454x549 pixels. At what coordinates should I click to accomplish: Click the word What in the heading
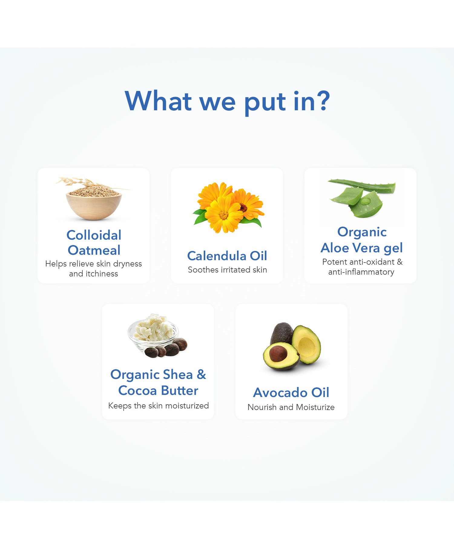coord(158,101)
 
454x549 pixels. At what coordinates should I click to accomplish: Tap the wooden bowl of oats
coord(94,206)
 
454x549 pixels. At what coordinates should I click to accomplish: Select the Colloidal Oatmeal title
coord(94,243)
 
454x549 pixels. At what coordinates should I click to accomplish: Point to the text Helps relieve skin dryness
coord(94,264)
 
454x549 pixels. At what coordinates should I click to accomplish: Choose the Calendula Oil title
coord(227,256)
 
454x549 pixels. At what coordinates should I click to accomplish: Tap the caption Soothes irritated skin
coord(227,270)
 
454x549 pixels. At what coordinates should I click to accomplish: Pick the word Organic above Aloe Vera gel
coord(362,232)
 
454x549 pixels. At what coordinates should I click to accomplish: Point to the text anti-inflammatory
coord(361,272)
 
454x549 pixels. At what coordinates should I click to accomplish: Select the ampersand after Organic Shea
coord(201,375)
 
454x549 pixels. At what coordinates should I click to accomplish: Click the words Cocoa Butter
coord(158,391)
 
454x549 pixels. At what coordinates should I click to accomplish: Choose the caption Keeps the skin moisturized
coord(159,405)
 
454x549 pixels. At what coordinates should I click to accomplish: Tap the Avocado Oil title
coord(291,392)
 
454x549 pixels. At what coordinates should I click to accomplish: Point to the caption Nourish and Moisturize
coord(291,407)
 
